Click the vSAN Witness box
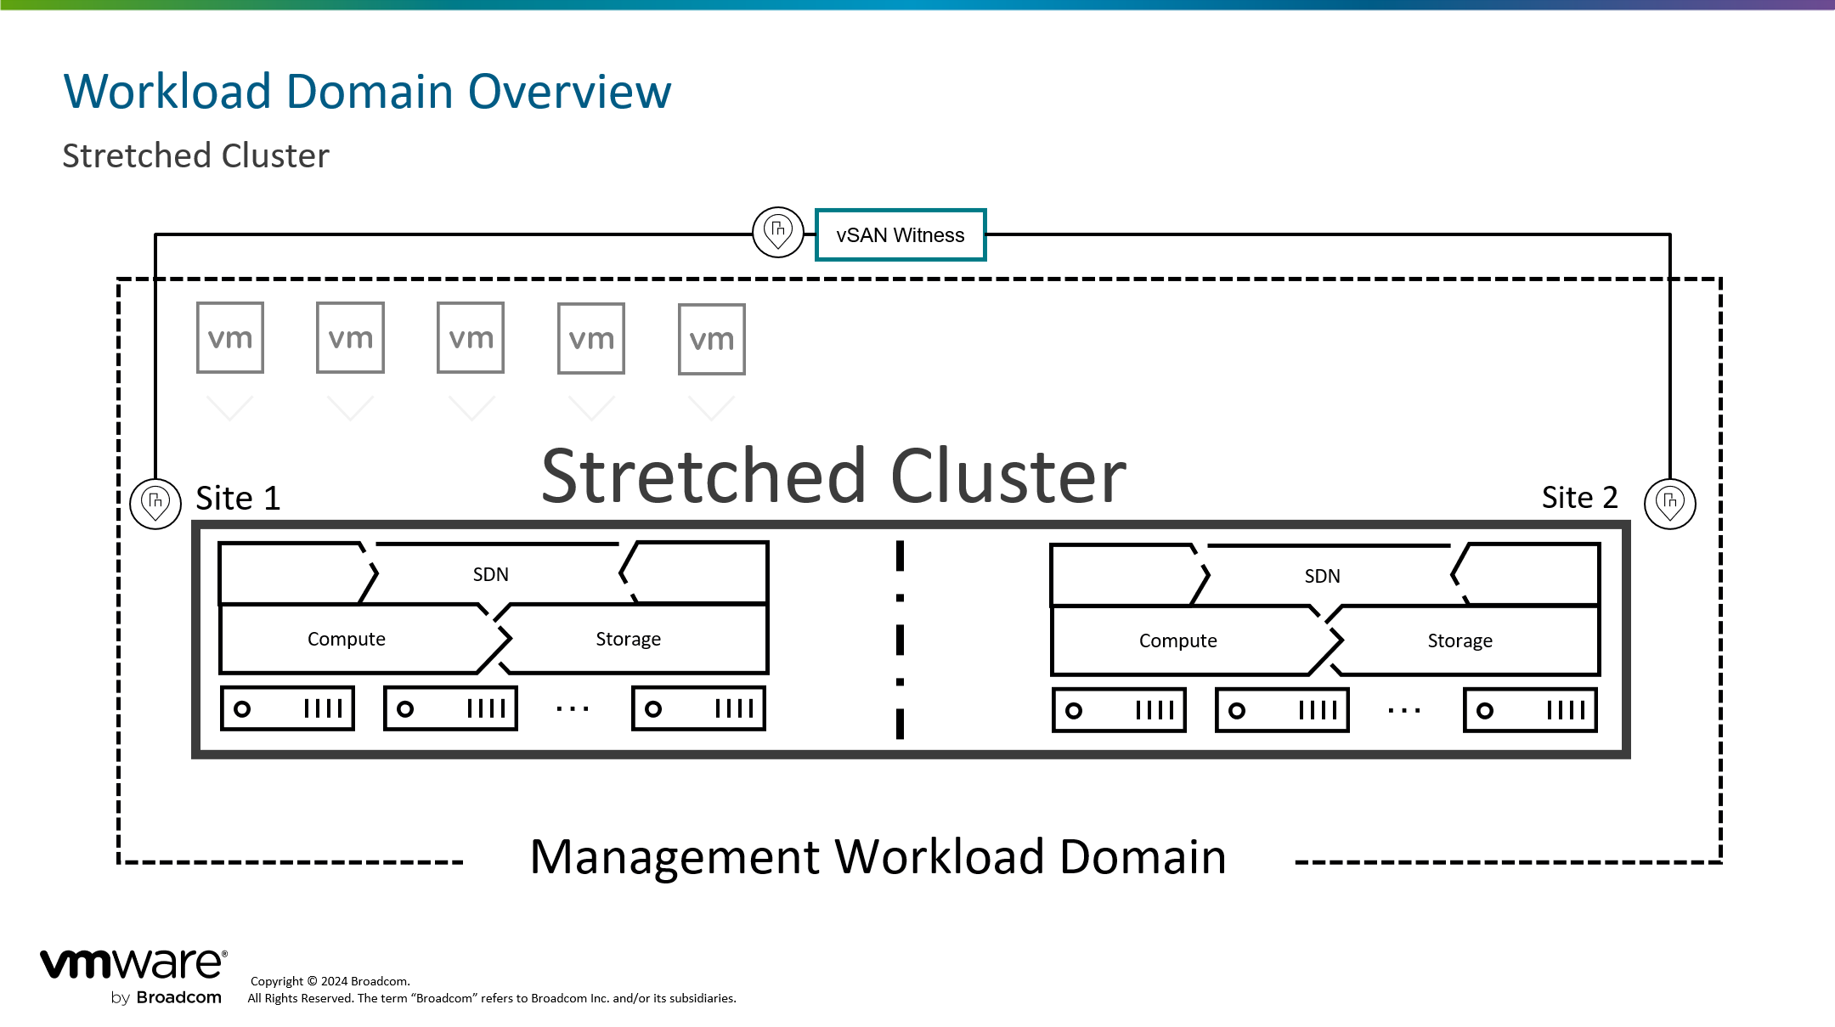(x=900, y=235)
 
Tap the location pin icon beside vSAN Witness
(x=777, y=231)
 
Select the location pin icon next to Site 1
(x=155, y=503)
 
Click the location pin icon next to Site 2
(x=1669, y=503)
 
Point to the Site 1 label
(x=238, y=499)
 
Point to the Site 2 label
(x=1579, y=498)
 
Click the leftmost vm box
(x=230, y=338)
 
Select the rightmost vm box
(x=711, y=340)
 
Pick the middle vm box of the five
(x=471, y=338)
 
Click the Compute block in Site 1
(x=347, y=639)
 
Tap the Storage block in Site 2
(x=1460, y=640)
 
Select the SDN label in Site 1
(x=490, y=575)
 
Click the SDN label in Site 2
(x=1322, y=577)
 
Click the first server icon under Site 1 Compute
(x=287, y=708)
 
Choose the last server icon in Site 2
(x=1530, y=710)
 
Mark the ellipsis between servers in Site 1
(x=573, y=708)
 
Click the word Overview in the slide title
(x=569, y=92)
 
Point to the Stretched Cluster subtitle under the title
(x=195, y=156)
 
